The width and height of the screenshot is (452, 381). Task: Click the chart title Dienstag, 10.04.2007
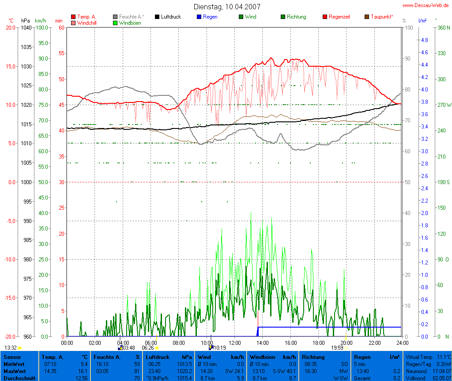tap(227, 7)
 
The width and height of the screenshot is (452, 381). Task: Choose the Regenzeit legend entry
tap(339, 17)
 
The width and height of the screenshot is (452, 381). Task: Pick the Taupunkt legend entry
tap(382, 17)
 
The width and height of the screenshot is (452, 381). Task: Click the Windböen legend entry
tap(130, 23)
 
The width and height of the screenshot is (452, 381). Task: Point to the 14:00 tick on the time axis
tap(262, 342)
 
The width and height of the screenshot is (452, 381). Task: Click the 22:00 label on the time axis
tap(374, 342)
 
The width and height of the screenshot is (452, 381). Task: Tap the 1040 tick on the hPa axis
tap(26, 27)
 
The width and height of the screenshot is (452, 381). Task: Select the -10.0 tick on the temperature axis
tap(9, 259)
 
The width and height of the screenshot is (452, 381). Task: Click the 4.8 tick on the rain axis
tap(424, 40)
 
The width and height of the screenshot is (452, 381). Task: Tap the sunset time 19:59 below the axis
tap(337, 347)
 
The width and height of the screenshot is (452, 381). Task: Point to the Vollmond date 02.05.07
tap(441, 378)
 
